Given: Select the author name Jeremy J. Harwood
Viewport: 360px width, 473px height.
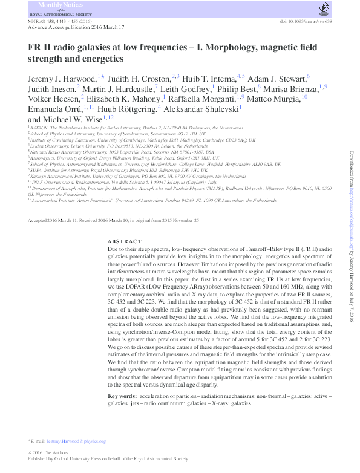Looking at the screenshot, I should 57,78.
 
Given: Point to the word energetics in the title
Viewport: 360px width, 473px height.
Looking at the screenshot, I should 96,59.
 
